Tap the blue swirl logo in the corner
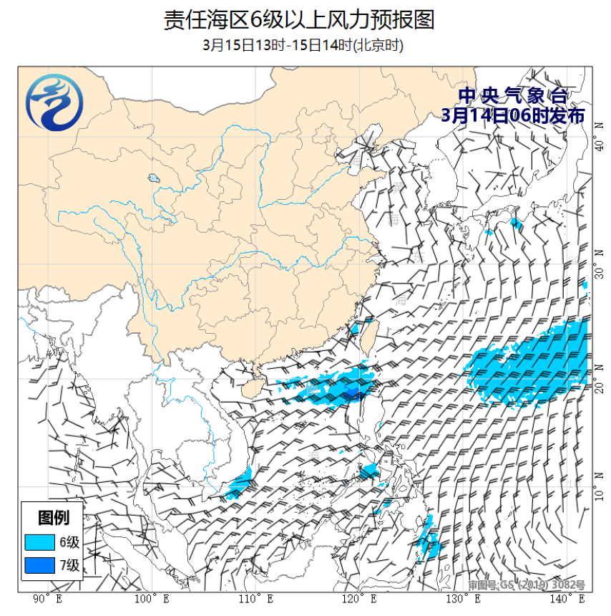[x=54, y=104]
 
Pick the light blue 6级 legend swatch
[x=40, y=541]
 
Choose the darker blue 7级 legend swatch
[x=40, y=565]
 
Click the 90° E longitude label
[x=48, y=599]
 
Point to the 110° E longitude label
[x=255, y=599]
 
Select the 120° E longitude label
[x=358, y=599]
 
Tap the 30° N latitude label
[x=599, y=267]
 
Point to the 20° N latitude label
[x=599, y=388]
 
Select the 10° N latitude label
[x=599, y=494]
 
